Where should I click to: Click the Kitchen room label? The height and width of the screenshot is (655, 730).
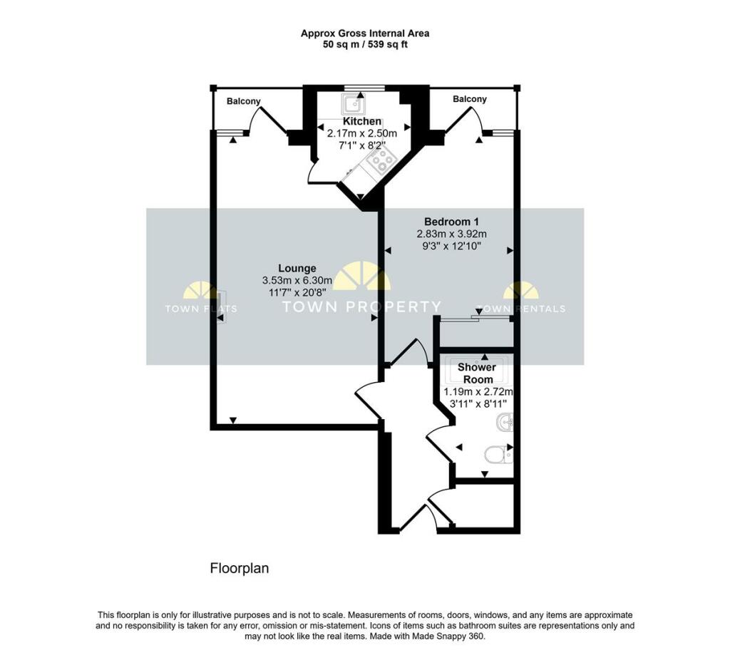362,121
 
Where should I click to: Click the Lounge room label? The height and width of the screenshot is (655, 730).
297,269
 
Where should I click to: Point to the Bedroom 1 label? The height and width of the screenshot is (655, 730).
450,221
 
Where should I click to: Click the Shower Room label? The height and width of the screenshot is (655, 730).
476,373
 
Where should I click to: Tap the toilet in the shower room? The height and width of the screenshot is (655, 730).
498,454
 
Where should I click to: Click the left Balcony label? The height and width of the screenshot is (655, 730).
244,102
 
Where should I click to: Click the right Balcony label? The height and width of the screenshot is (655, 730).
470,100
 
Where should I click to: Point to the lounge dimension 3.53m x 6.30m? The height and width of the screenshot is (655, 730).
297,281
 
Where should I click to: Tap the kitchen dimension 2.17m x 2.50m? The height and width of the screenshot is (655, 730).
362,133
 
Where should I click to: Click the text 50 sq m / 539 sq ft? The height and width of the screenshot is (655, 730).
364,44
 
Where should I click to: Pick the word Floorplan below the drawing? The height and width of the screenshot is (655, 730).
239,569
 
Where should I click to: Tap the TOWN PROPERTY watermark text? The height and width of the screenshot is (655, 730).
362,307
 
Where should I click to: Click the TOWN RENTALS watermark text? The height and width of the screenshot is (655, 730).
520,309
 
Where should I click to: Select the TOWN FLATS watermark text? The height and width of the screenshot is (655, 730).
201,309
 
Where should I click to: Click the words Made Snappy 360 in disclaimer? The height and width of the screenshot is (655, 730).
453,636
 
